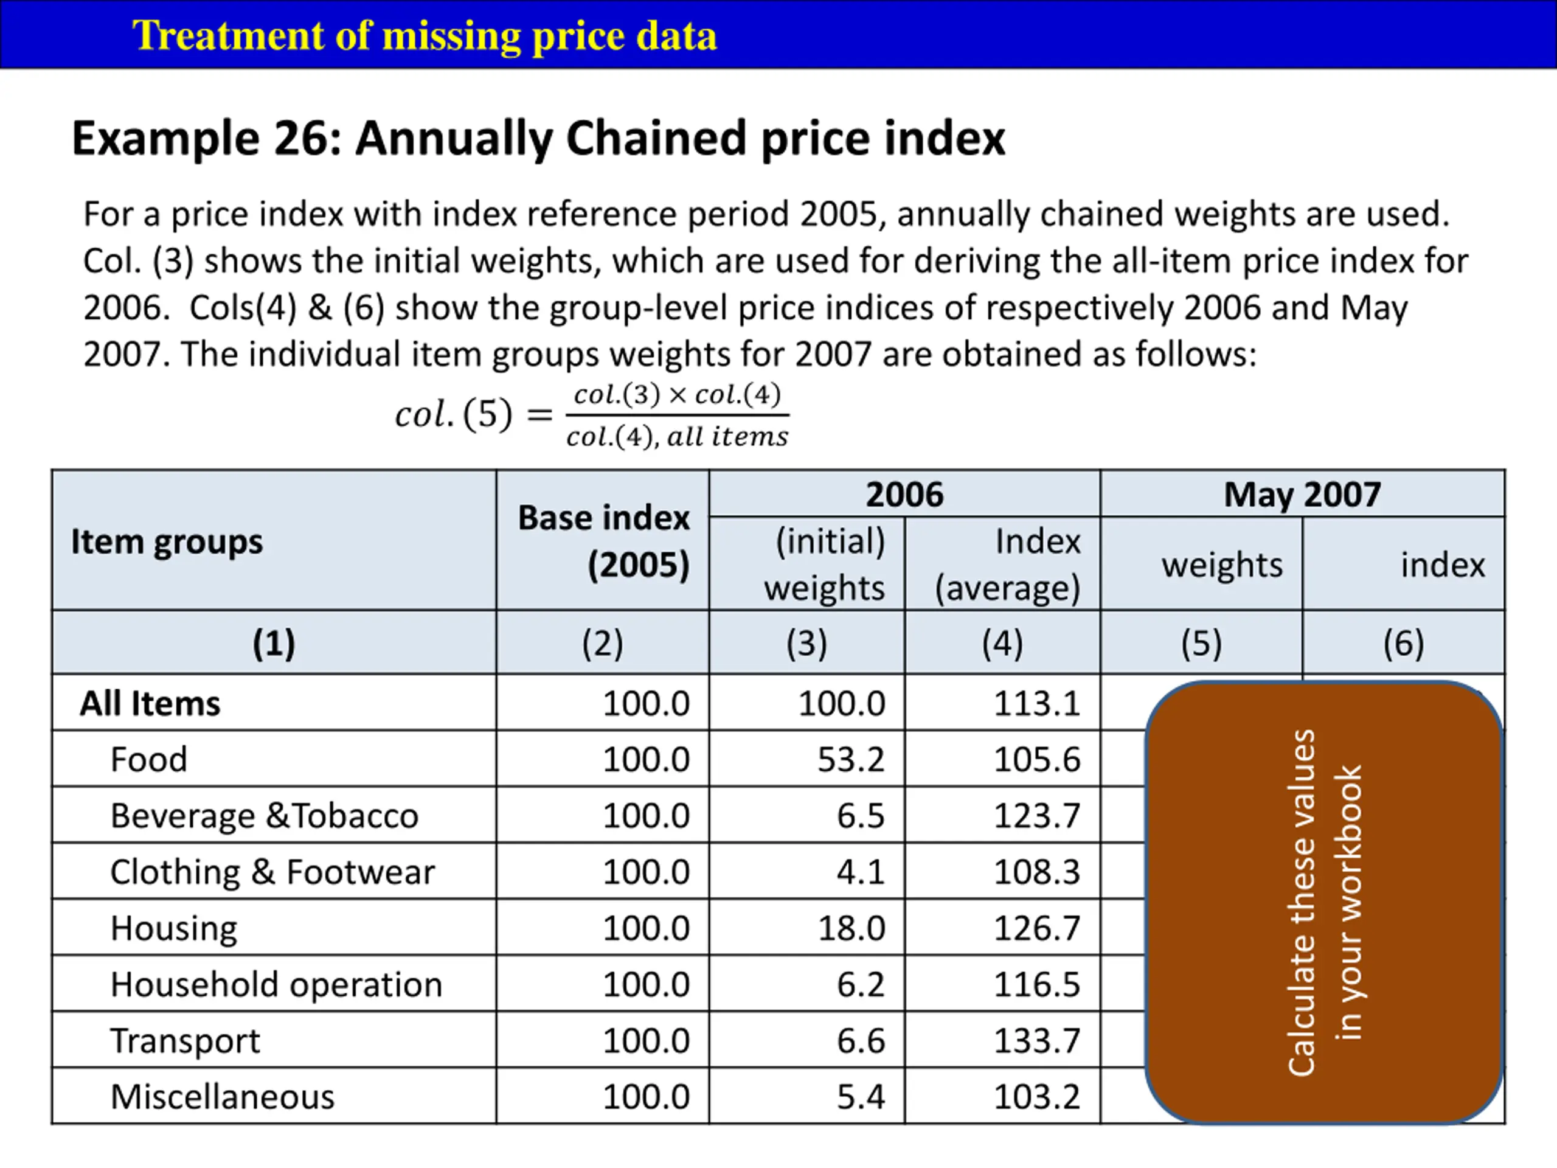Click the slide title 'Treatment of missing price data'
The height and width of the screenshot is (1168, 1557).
coord(425,35)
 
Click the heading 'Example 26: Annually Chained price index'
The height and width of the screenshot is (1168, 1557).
coord(538,138)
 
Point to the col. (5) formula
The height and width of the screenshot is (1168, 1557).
coord(591,415)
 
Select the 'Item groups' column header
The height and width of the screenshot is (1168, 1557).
coord(167,542)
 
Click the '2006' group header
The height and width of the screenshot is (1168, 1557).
coord(904,494)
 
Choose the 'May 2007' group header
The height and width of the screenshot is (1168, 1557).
coord(1302,494)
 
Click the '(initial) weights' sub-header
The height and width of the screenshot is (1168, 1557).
coord(825,564)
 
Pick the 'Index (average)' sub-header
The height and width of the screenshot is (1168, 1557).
coord(1007,564)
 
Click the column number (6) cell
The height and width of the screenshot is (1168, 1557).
coord(1403,643)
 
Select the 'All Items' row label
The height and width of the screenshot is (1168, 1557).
coord(150,703)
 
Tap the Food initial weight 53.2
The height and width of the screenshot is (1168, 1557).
coord(850,760)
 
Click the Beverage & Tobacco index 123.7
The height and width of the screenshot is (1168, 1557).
coord(1036,816)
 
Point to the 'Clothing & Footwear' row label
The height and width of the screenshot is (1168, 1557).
coord(272,872)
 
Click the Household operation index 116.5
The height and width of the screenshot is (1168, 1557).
coord(1036,984)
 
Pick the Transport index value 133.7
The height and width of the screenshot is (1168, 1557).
coord(1036,1041)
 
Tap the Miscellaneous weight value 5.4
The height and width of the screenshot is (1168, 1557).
coord(860,1097)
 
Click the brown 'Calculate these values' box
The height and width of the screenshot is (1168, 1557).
coord(1323,901)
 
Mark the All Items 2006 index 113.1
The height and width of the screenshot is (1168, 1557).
coord(1036,703)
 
